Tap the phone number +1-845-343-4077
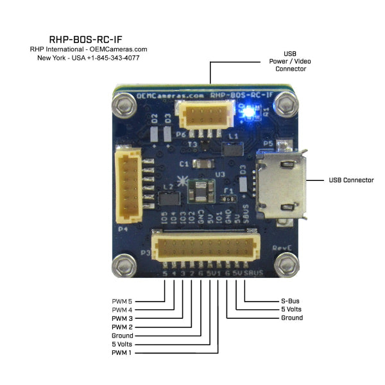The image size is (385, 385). tap(114, 58)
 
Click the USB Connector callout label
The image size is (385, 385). tap(351, 180)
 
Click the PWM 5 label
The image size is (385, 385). tap(123, 300)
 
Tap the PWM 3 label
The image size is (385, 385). tap(123, 318)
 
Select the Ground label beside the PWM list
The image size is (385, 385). tap(123, 336)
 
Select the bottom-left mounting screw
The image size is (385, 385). tap(123, 264)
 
